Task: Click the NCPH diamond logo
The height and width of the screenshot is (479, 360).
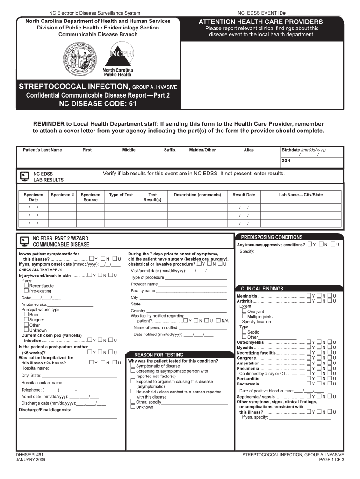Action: (118, 54)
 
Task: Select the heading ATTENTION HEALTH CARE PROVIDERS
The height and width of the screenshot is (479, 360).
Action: (261, 22)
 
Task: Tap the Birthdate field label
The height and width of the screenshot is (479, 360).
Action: (303, 150)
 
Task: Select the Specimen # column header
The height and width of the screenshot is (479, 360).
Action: (63, 195)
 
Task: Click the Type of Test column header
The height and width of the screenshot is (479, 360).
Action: (121, 195)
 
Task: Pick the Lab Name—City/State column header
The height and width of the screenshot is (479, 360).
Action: (301, 195)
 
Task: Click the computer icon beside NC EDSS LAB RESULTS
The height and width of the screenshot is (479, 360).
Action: (24, 176)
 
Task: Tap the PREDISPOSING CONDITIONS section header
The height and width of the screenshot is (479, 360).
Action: (272, 237)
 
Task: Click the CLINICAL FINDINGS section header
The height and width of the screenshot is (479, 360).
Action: (262, 289)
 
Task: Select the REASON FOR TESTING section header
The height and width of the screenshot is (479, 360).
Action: (159, 355)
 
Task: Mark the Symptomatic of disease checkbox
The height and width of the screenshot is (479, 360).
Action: (133, 366)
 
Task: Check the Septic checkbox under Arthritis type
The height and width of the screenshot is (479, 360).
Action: (244, 332)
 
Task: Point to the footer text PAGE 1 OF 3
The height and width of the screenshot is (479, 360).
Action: (331, 460)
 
